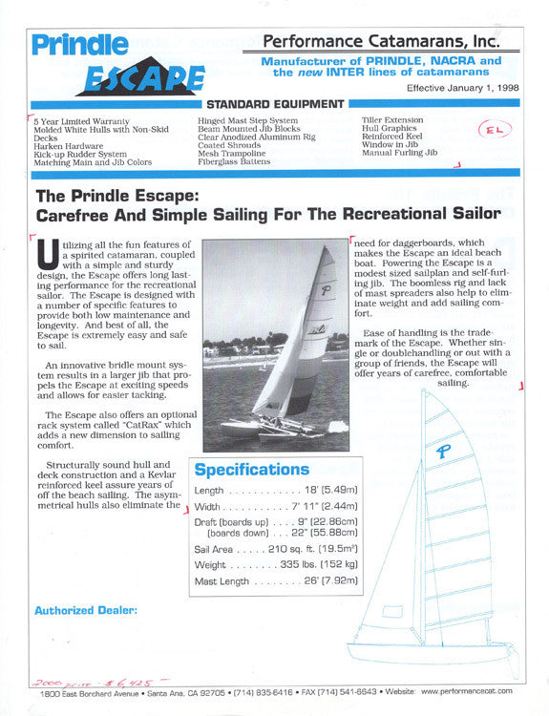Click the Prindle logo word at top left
[79, 45]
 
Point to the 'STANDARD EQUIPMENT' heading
[275, 103]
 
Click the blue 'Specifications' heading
[252, 470]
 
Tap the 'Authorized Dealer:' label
[86, 610]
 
